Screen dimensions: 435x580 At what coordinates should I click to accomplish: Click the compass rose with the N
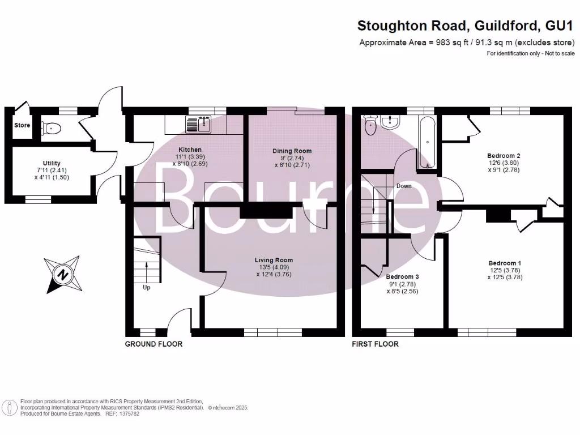coord(62,274)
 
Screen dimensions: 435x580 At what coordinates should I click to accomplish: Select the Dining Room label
coord(292,151)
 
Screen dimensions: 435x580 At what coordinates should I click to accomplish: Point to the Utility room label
coord(52,163)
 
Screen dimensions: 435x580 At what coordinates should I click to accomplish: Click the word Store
coord(23,125)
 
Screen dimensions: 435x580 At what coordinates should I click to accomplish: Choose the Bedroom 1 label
coord(504,263)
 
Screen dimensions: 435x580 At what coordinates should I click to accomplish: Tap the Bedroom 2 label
coord(504,156)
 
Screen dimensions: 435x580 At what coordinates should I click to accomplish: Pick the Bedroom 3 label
coord(401,278)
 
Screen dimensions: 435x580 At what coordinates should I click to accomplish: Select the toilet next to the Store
coord(52,129)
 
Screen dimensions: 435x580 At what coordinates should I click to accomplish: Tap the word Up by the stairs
coord(147,287)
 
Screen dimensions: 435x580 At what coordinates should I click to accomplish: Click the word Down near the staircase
coord(404,186)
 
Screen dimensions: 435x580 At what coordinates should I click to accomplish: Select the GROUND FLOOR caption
coord(153,344)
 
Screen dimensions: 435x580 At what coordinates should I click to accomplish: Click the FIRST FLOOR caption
coord(375,344)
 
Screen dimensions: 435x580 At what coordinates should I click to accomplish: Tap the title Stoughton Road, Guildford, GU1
coord(466,25)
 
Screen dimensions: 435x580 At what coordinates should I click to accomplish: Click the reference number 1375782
coord(127,414)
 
